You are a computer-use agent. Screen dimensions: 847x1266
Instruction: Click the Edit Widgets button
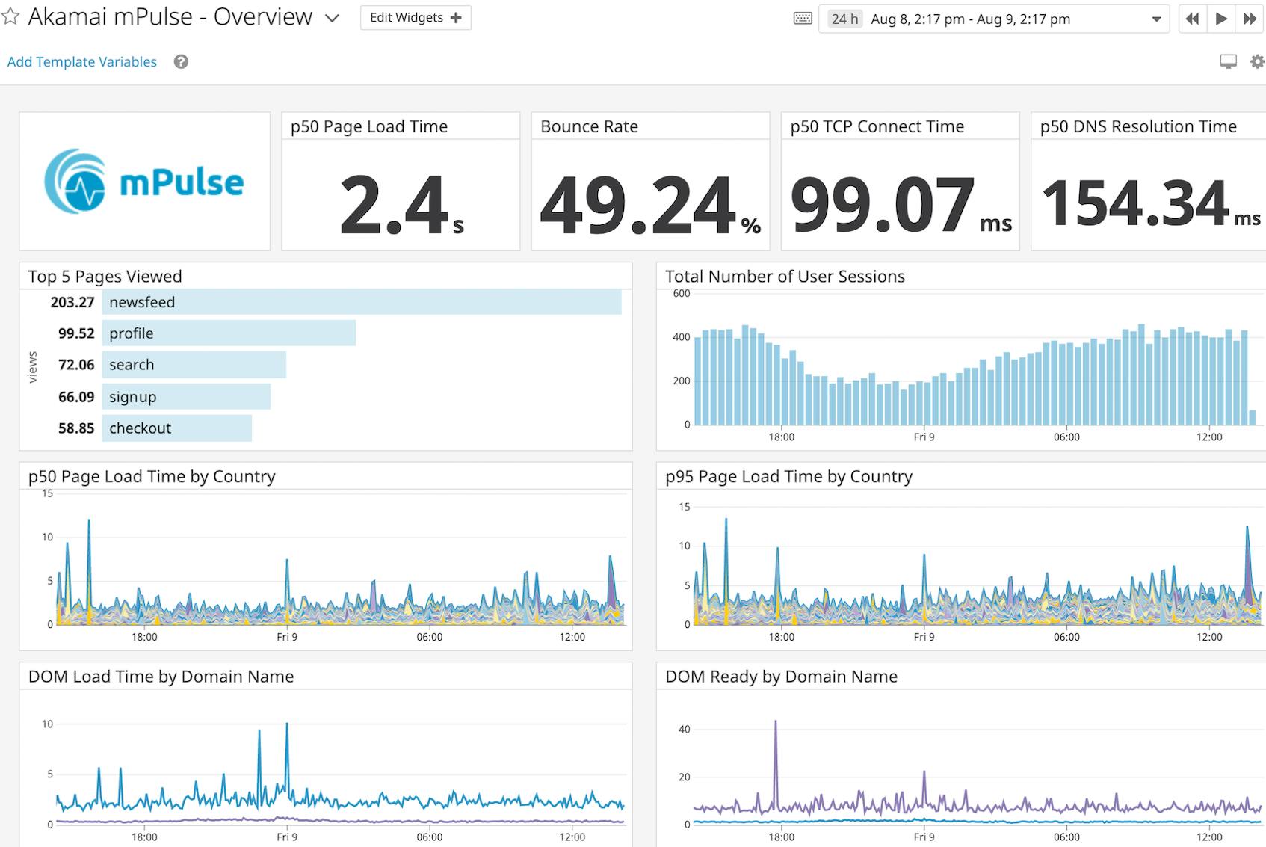point(416,18)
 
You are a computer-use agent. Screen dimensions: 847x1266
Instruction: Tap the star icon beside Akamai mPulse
point(10,16)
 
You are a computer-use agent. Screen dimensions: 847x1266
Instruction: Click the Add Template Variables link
point(82,62)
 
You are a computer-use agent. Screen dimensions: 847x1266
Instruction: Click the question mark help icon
point(181,62)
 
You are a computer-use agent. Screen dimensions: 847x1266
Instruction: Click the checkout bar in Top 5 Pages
point(176,428)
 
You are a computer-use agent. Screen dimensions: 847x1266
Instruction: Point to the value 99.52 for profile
point(76,333)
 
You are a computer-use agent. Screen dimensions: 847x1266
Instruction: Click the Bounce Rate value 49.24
point(639,204)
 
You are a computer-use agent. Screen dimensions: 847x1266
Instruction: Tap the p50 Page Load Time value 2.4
point(394,204)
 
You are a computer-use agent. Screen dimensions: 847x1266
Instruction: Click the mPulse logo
point(144,182)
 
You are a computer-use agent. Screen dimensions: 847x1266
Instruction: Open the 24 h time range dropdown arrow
point(1156,19)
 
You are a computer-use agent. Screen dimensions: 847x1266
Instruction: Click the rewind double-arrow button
point(1193,19)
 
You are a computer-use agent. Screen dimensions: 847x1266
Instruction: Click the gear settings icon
point(1257,62)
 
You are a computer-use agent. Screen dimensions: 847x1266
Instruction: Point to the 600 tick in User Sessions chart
point(682,294)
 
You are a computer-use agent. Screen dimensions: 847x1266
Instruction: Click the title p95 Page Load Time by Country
point(788,477)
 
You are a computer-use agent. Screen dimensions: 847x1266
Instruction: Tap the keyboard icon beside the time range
point(803,19)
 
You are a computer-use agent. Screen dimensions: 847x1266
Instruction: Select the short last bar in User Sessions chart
point(1253,417)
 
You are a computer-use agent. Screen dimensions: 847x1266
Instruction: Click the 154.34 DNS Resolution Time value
point(1135,204)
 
